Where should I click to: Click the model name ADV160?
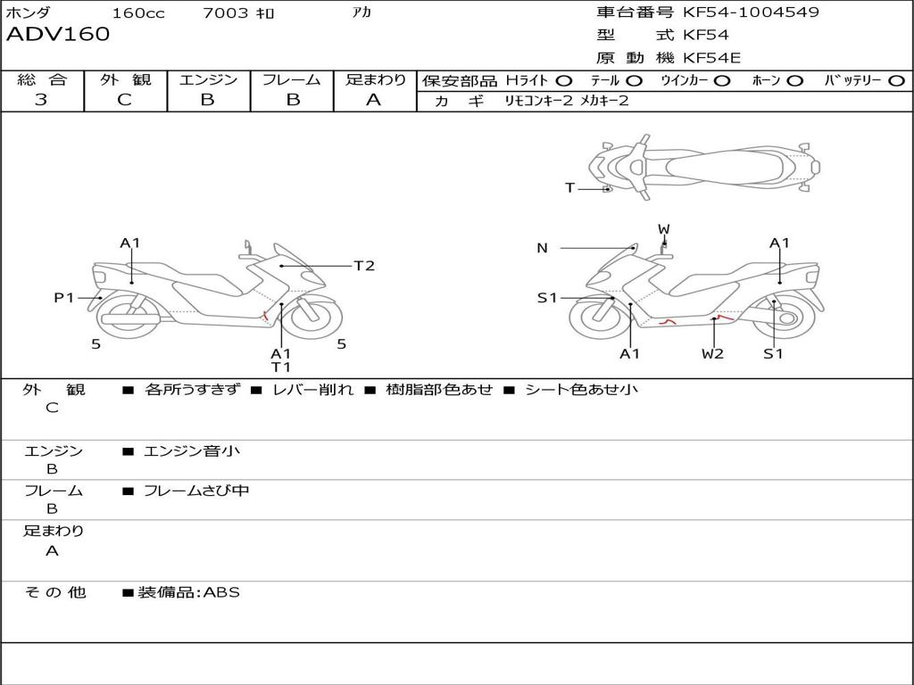click(58, 35)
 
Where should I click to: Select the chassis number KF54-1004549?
click(751, 12)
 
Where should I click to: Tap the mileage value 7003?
click(226, 13)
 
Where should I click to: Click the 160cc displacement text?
click(138, 13)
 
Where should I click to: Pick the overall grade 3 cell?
click(41, 100)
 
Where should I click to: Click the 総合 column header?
click(41, 80)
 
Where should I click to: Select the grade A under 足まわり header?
click(374, 100)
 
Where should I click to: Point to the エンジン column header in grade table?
click(208, 80)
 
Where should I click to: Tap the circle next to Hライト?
click(564, 81)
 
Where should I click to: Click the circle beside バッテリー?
click(896, 81)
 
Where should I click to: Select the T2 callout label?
click(364, 266)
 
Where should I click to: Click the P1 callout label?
click(64, 298)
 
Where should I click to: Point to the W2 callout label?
click(712, 353)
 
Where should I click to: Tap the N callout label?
click(542, 248)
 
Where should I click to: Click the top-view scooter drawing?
click(702, 165)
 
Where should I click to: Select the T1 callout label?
click(281, 367)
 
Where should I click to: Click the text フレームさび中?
click(196, 491)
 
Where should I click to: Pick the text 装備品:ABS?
click(188, 592)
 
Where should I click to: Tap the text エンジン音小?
click(192, 451)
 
